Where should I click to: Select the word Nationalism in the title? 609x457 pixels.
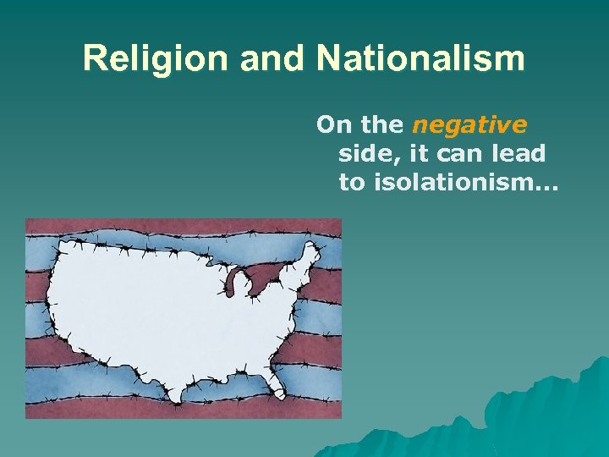click(x=420, y=58)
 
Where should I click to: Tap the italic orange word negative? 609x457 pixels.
click(x=469, y=125)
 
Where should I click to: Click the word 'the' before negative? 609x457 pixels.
click(x=381, y=125)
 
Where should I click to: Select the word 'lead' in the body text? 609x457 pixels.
click(x=518, y=154)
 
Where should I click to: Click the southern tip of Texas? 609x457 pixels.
click(x=175, y=395)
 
